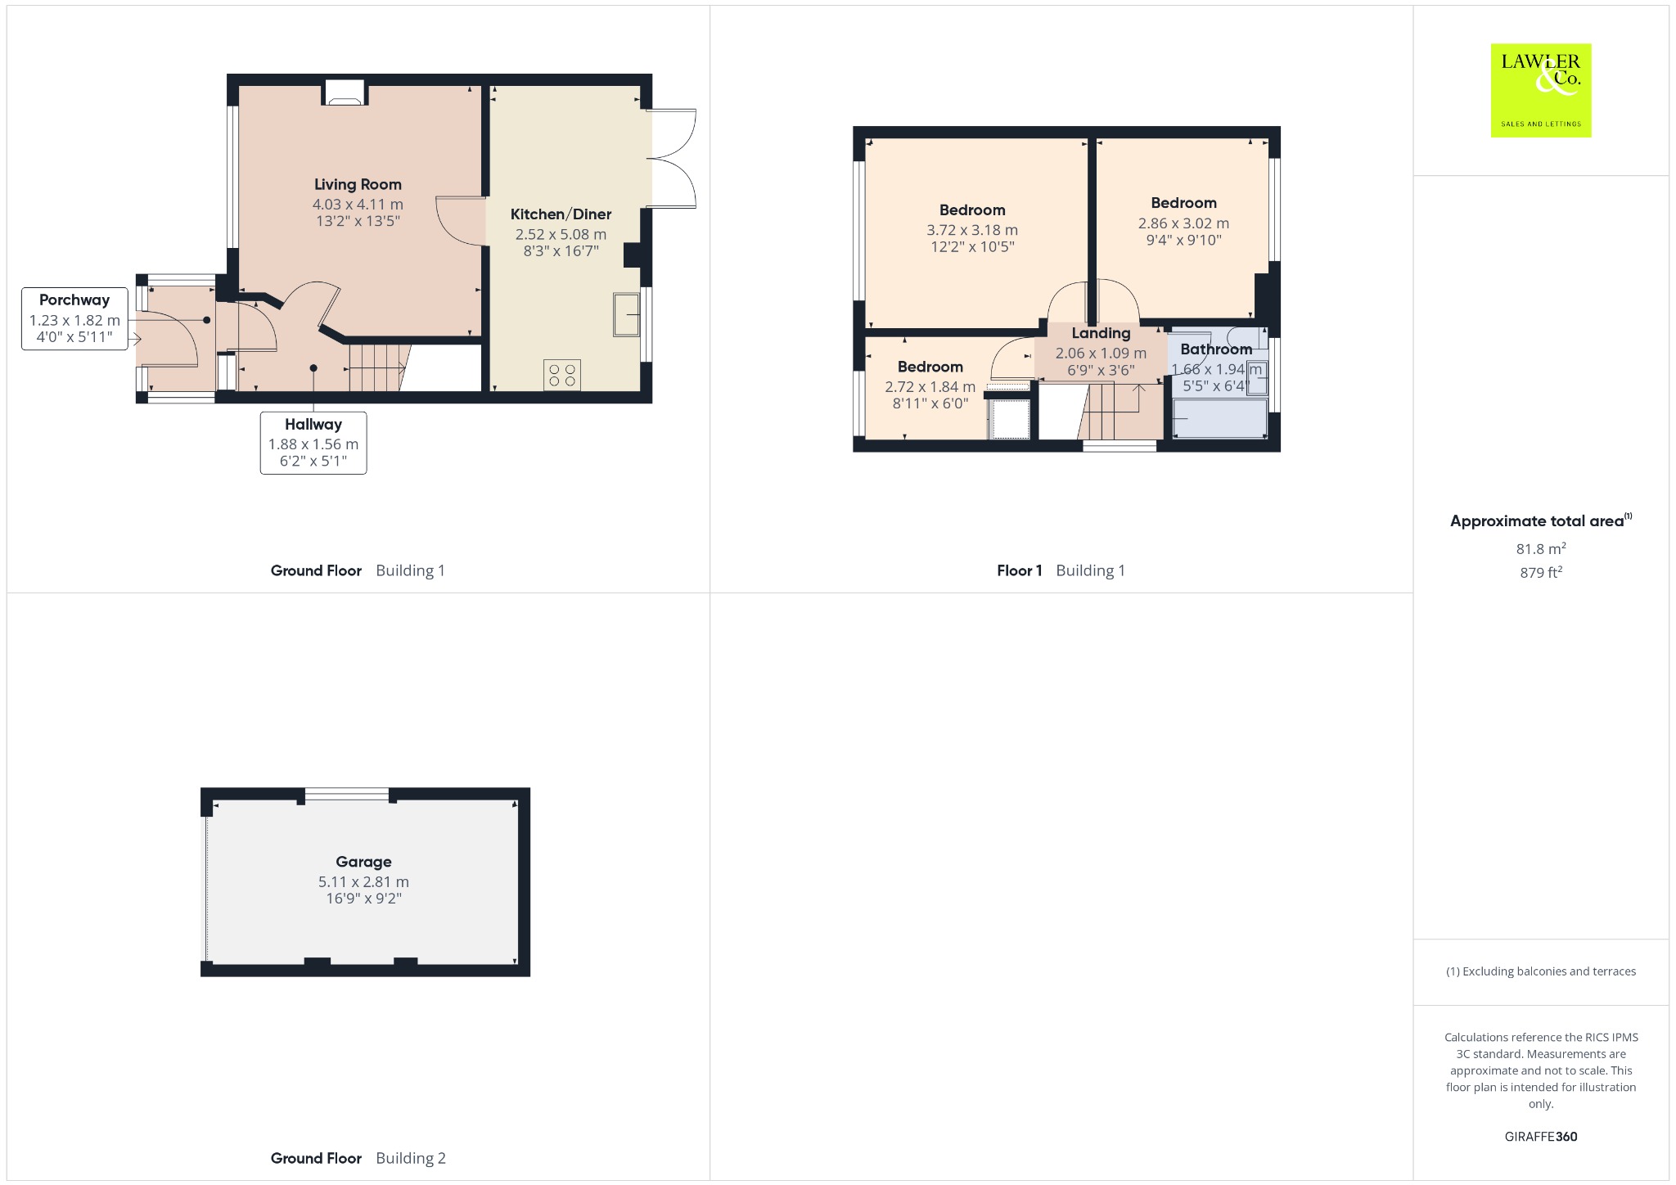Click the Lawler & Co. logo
tap(1541, 90)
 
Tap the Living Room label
tap(358, 185)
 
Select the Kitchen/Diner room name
tap(561, 214)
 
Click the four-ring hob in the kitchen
tap(562, 375)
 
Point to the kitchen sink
tap(627, 314)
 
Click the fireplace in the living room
tap(345, 92)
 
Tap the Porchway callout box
tap(74, 318)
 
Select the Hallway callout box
tap(313, 443)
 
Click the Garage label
tap(363, 862)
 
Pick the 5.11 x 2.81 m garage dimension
tap(363, 882)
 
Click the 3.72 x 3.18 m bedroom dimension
tap(972, 231)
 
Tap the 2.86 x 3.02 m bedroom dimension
tap(1183, 223)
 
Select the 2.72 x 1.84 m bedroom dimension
tap(930, 387)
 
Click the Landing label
tap(1101, 333)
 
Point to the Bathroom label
tap(1216, 349)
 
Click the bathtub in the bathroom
tap(1219, 418)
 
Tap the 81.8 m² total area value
tap(1541, 549)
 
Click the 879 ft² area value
tap(1541, 573)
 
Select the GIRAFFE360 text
tap(1541, 1137)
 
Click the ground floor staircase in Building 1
tap(377, 367)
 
